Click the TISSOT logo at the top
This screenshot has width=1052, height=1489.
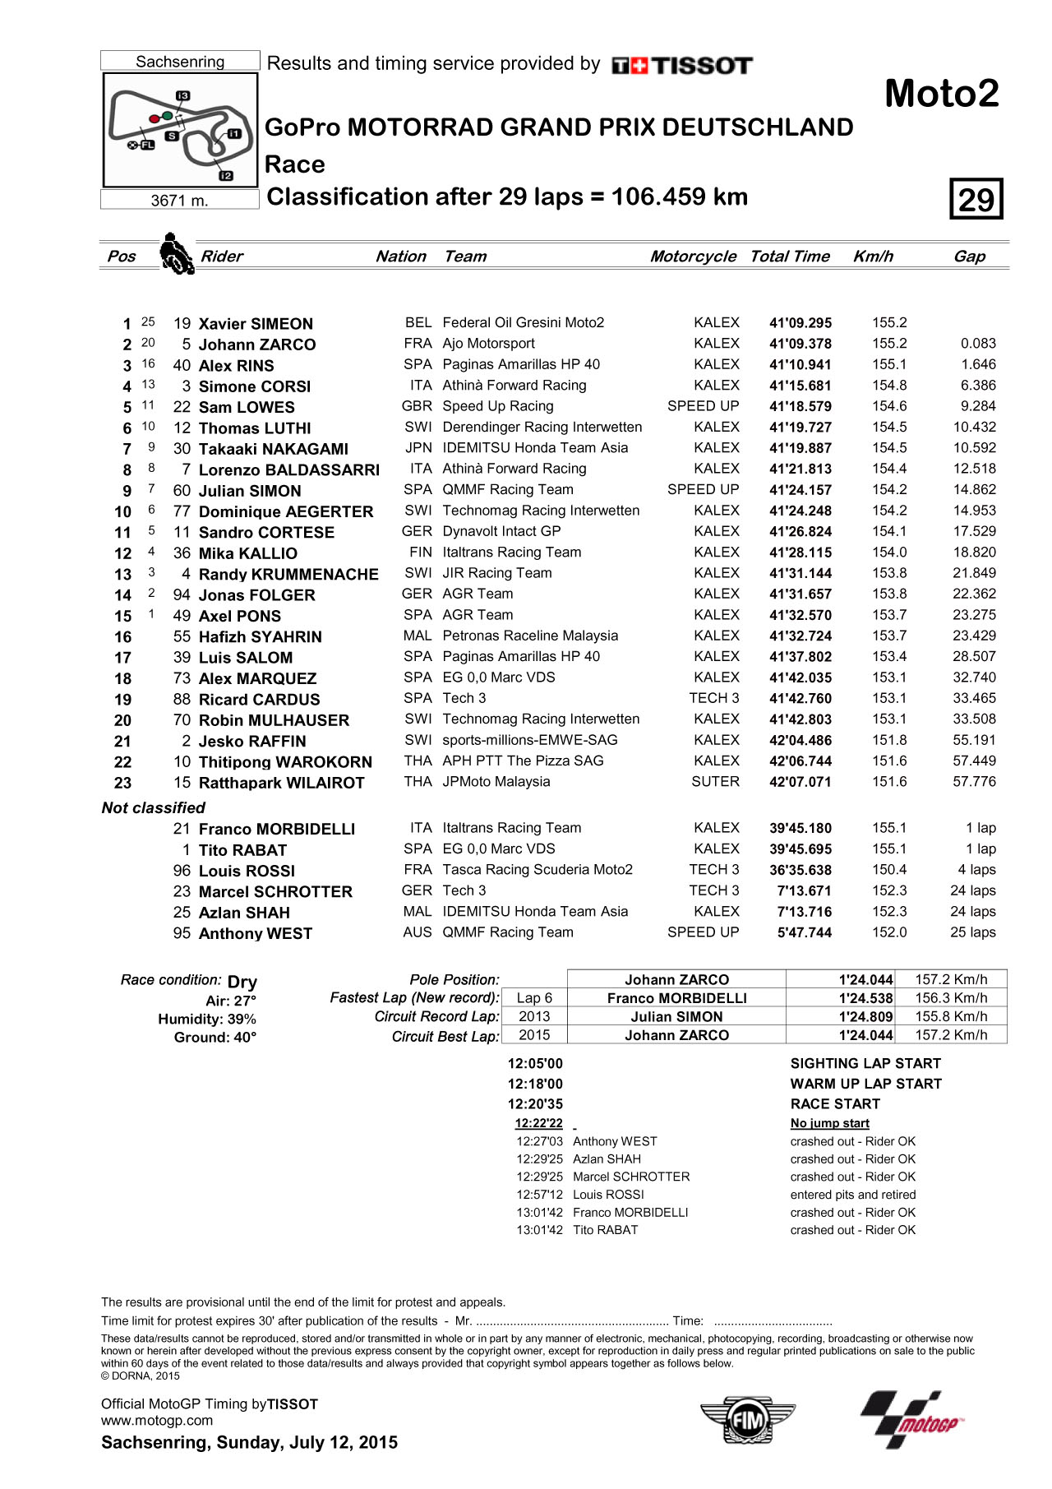click(682, 66)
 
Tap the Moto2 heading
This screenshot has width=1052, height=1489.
click(941, 94)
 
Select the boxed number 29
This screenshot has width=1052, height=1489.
click(976, 199)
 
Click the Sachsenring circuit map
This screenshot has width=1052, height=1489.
click(180, 130)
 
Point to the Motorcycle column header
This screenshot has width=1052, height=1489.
click(693, 257)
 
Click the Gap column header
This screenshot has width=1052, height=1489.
click(969, 257)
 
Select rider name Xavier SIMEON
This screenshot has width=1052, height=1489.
click(256, 324)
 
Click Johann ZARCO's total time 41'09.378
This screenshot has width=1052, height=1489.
click(800, 345)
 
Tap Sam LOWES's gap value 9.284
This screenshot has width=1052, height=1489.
click(977, 406)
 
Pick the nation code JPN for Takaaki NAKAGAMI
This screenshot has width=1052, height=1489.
click(418, 448)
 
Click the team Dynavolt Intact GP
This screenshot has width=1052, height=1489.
click(501, 531)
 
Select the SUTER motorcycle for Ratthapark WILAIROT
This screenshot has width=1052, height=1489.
click(715, 782)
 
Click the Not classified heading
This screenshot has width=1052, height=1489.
click(154, 808)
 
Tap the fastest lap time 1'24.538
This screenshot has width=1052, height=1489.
click(865, 998)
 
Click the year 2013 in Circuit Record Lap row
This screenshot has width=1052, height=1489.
click(534, 1017)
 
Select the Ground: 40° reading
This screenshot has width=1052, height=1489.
click(215, 1038)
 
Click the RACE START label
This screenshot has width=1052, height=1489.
click(835, 1104)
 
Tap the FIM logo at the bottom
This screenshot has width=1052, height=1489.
click(747, 1420)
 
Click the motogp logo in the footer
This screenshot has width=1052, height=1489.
click(912, 1420)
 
